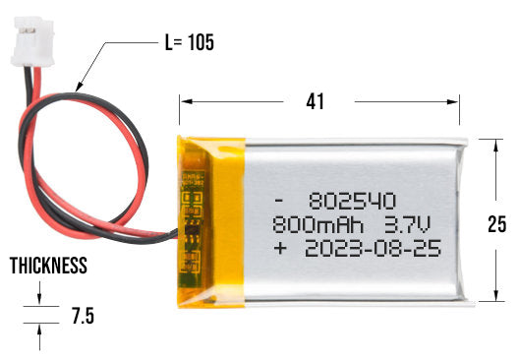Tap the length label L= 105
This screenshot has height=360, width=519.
tap(187, 43)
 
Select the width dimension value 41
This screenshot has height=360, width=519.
tap(315, 101)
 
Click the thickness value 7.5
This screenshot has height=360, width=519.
tap(84, 317)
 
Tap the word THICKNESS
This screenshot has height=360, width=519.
tap(48, 267)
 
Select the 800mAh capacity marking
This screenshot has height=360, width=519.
tap(313, 222)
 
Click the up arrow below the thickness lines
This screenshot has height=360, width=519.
tap(39, 334)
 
